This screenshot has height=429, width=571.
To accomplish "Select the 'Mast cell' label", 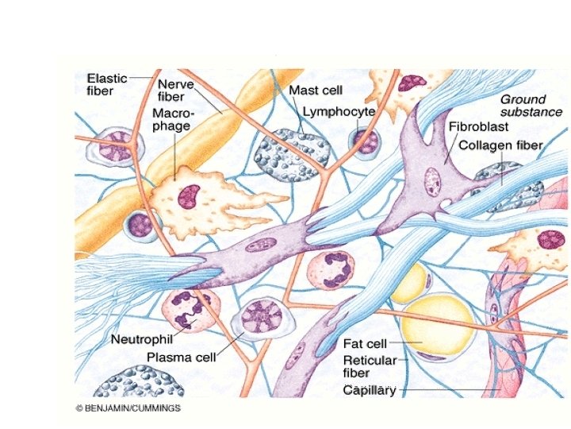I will [316, 91].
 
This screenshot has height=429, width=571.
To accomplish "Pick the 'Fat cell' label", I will [364, 344].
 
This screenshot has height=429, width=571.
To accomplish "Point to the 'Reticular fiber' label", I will [366, 367].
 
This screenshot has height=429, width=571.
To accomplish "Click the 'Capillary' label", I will [369, 390].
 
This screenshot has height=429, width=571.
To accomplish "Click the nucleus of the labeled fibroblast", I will [432, 180].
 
